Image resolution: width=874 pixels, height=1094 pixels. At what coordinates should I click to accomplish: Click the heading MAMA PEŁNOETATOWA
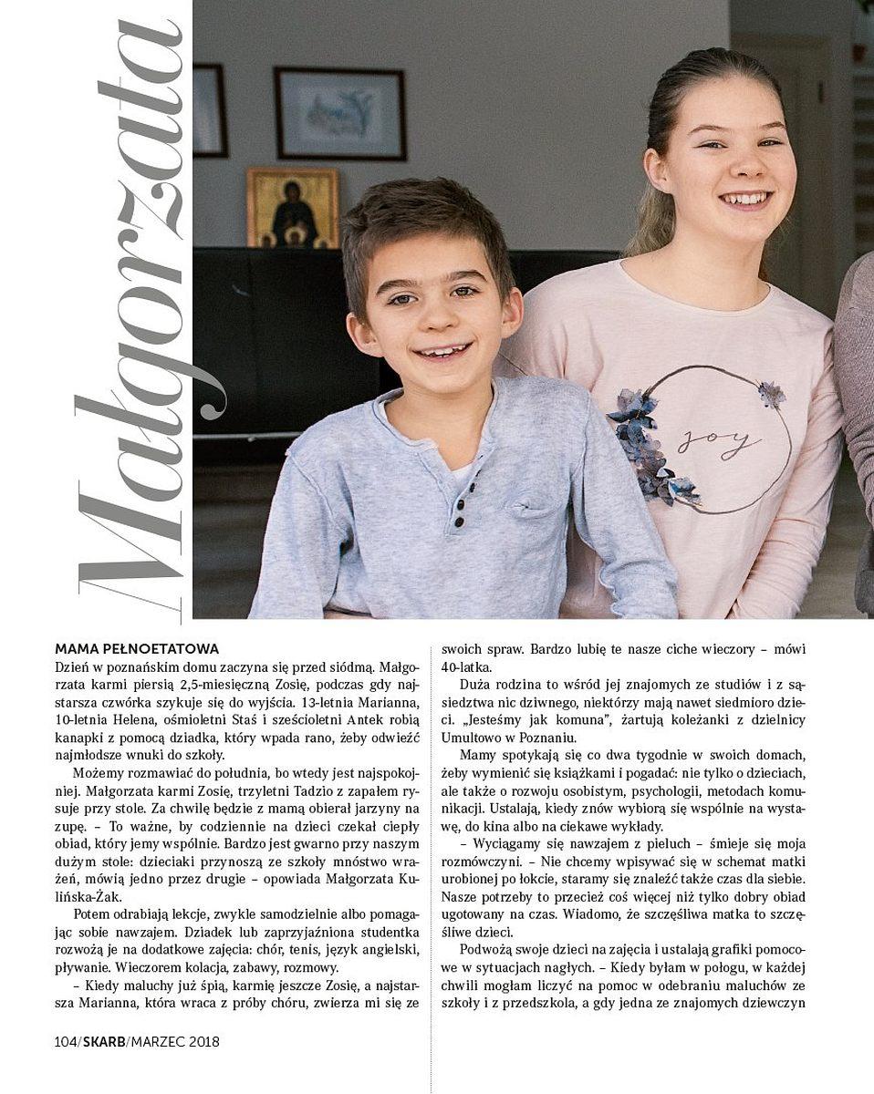click(x=137, y=649)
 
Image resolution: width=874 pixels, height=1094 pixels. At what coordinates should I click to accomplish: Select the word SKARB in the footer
click(x=104, y=1040)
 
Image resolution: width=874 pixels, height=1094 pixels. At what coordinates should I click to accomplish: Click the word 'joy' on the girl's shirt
click(x=720, y=442)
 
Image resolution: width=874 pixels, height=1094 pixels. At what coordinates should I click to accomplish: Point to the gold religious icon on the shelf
click(x=292, y=208)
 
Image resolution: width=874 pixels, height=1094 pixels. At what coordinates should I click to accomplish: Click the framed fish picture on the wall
click(x=339, y=113)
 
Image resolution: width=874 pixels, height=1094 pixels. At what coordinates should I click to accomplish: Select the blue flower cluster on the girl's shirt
click(x=644, y=428)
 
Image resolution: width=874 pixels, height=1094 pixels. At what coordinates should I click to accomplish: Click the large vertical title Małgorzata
click(x=146, y=310)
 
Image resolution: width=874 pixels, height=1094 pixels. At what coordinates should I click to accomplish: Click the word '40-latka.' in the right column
click(x=467, y=667)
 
